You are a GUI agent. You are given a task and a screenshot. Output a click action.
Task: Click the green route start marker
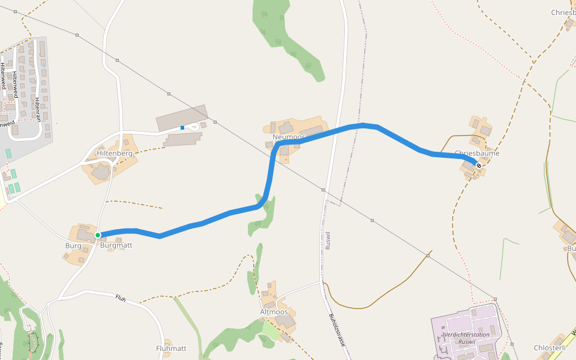(x=98, y=235)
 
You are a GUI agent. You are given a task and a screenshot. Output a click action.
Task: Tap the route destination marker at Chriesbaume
(x=478, y=166)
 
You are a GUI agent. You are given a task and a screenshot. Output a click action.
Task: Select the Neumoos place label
(x=289, y=137)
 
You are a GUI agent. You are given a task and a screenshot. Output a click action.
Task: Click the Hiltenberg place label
(x=114, y=154)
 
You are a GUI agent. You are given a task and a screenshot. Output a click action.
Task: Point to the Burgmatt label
(x=116, y=245)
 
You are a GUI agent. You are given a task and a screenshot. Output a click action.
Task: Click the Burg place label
(x=73, y=246)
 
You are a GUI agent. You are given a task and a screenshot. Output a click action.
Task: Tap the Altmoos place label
(x=274, y=312)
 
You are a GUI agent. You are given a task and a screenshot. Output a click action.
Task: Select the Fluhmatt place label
(x=171, y=348)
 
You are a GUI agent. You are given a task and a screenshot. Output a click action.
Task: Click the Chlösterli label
(x=550, y=348)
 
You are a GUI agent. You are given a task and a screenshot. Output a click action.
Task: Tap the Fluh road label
(x=121, y=298)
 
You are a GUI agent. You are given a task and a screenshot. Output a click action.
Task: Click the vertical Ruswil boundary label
(x=328, y=241)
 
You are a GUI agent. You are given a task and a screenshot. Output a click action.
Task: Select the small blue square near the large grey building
(x=182, y=127)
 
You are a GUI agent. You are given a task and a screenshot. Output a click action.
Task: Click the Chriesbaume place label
(x=477, y=154)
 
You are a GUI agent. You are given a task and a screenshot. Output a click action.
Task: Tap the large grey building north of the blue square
(x=182, y=117)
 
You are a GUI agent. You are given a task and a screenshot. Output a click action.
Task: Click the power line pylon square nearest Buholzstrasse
(x=323, y=190)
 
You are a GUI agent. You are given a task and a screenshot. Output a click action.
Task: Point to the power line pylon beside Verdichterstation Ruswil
(x=496, y=299)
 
